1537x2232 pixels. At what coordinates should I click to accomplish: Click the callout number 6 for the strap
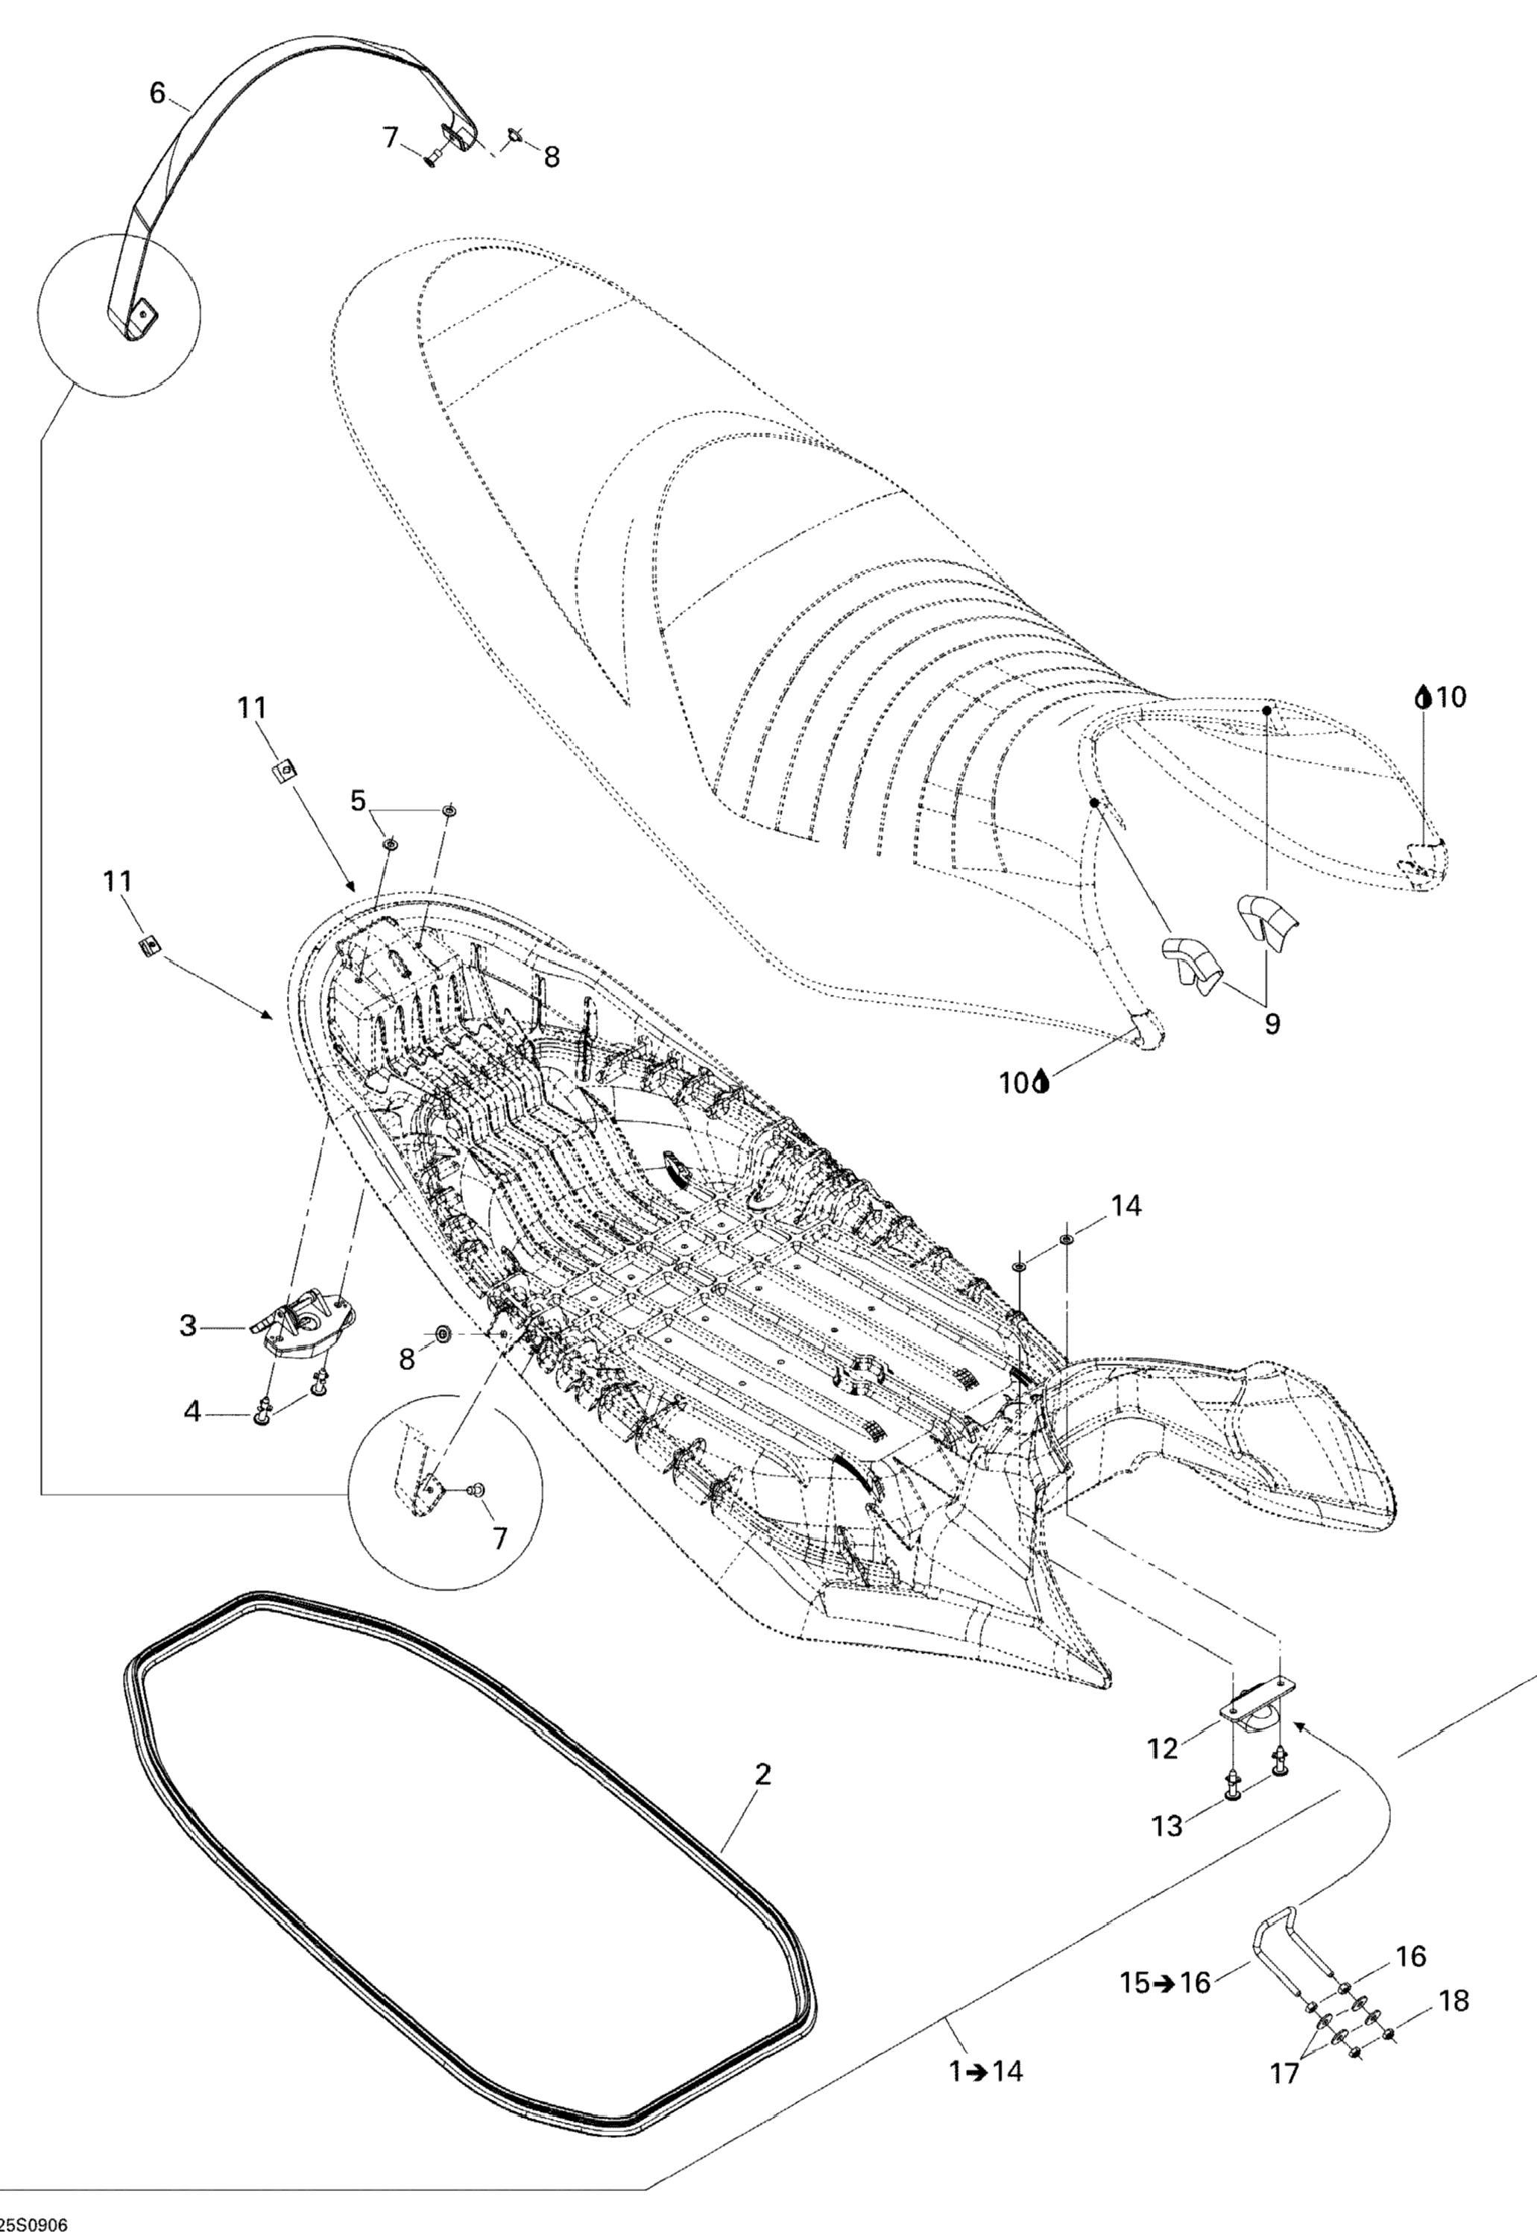point(158,93)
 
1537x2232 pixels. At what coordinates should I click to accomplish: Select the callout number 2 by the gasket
point(763,1774)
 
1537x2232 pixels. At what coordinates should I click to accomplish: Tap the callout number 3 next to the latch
point(188,1327)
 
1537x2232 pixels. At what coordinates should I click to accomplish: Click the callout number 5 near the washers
point(359,799)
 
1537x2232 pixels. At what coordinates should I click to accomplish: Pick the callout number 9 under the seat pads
point(1272,1024)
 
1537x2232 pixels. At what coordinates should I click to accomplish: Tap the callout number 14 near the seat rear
point(1126,1205)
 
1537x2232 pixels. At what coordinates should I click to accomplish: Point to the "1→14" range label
point(986,2070)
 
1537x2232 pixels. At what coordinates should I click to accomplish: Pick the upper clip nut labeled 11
point(283,770)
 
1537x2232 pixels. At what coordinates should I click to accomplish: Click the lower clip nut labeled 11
point(148,946)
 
